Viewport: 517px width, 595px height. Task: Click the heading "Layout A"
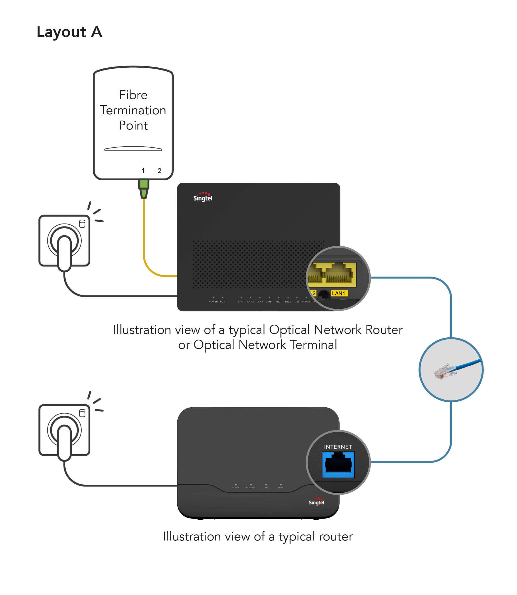[x=69, y=32]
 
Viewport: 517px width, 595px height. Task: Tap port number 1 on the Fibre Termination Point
[x=143, y=171]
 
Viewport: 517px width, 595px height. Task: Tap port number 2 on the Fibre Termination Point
[x=159, y=171]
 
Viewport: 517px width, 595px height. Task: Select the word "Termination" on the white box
[x=133, y=110]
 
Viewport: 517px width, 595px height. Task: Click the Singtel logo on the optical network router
[x=203, y=197]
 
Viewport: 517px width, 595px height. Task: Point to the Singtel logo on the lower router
[x=316, y=502]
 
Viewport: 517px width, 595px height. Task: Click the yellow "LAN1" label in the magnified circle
[x=339, y=294]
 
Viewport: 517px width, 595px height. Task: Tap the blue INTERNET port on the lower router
[x=338, y=464]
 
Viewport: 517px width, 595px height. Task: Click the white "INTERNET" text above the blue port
[x=338, y=447]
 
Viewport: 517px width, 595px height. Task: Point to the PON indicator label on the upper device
[x=223, y=301]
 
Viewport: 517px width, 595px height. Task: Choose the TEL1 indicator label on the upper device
[x=279, y=301]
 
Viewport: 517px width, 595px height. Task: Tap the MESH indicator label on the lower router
[x=281, y=488]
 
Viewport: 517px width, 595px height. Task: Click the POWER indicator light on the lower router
[x=236, y=485]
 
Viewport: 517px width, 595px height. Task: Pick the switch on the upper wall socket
[x=82, y=224]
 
